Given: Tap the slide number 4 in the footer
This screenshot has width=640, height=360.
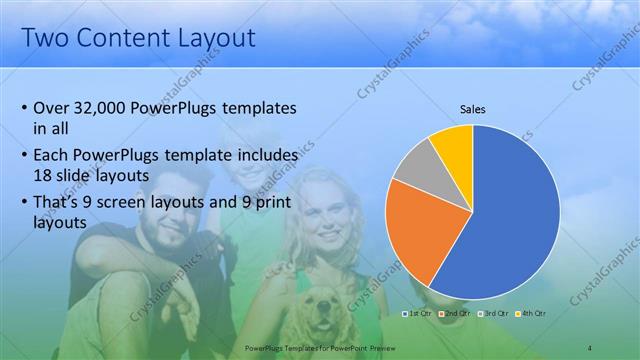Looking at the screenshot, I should coord(590,348).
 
